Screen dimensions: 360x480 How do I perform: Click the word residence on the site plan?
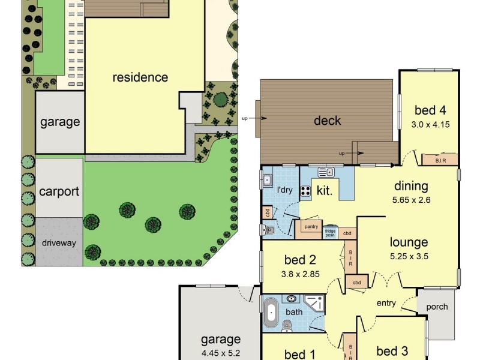140,77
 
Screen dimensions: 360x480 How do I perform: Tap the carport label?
59,192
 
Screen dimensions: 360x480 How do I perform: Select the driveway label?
59,243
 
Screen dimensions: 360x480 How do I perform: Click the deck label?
328,121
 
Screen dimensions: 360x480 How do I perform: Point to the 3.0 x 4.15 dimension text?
430,125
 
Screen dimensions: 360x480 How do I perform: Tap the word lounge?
409,242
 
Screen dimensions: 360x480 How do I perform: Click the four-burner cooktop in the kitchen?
305,192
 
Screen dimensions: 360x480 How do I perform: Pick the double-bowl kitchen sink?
326,173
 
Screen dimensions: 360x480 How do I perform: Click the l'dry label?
285,190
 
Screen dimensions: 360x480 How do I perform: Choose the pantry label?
311,227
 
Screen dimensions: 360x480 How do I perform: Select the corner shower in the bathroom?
314,304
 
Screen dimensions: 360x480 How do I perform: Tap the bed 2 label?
296,260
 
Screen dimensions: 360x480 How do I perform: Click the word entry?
386,303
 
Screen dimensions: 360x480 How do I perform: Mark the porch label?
437,307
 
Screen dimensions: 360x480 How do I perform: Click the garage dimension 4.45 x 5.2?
221,353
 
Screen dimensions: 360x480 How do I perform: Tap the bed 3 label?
392,351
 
